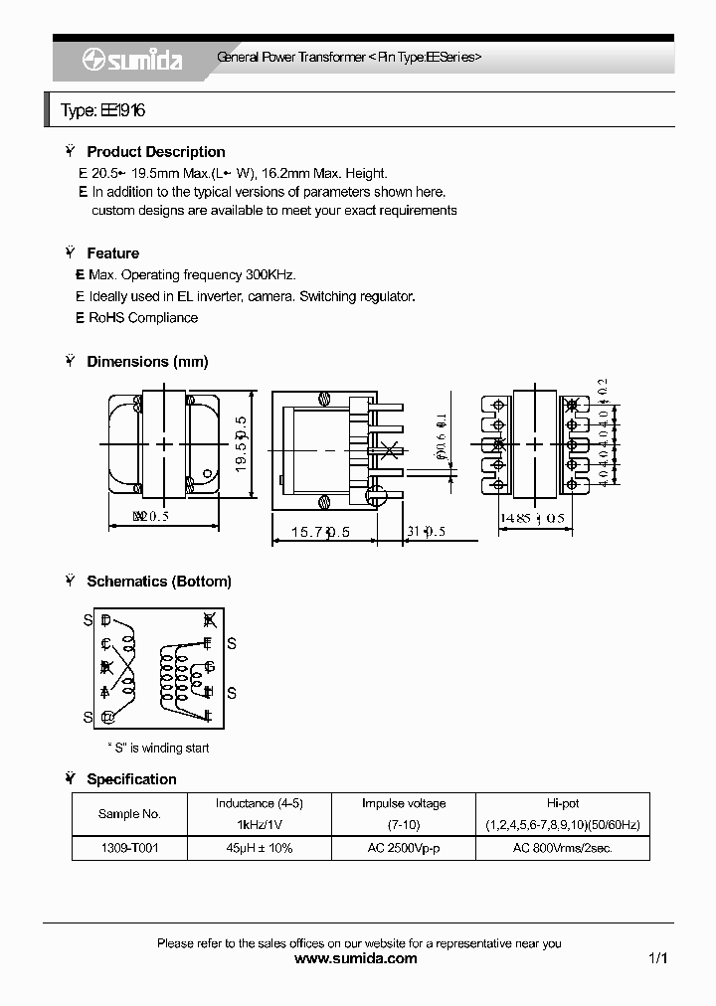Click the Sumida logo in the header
(x=132, y=61)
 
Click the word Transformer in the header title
(x=332, y=58)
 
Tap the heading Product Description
(x=156, y=152)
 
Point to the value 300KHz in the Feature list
(x=270, y=274)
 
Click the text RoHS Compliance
(x=143, y=318)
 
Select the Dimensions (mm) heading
(x=147, y=362)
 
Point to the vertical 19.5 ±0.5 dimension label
(x=240, y=445)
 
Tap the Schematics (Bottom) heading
(x=159, y=582)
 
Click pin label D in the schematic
(x=106, y=620)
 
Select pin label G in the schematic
(x=209, y=667)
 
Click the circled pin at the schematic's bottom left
(x=107, y=717)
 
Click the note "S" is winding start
(x=158, y=748)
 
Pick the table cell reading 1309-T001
(x=129, y=848)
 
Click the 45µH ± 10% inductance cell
(x=259, y=848)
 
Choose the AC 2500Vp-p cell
(x=403, y=848)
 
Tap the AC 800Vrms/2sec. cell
(x=562, y=848)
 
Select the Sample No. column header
(x=129, y=814)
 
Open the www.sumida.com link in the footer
(x=357, y=959)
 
